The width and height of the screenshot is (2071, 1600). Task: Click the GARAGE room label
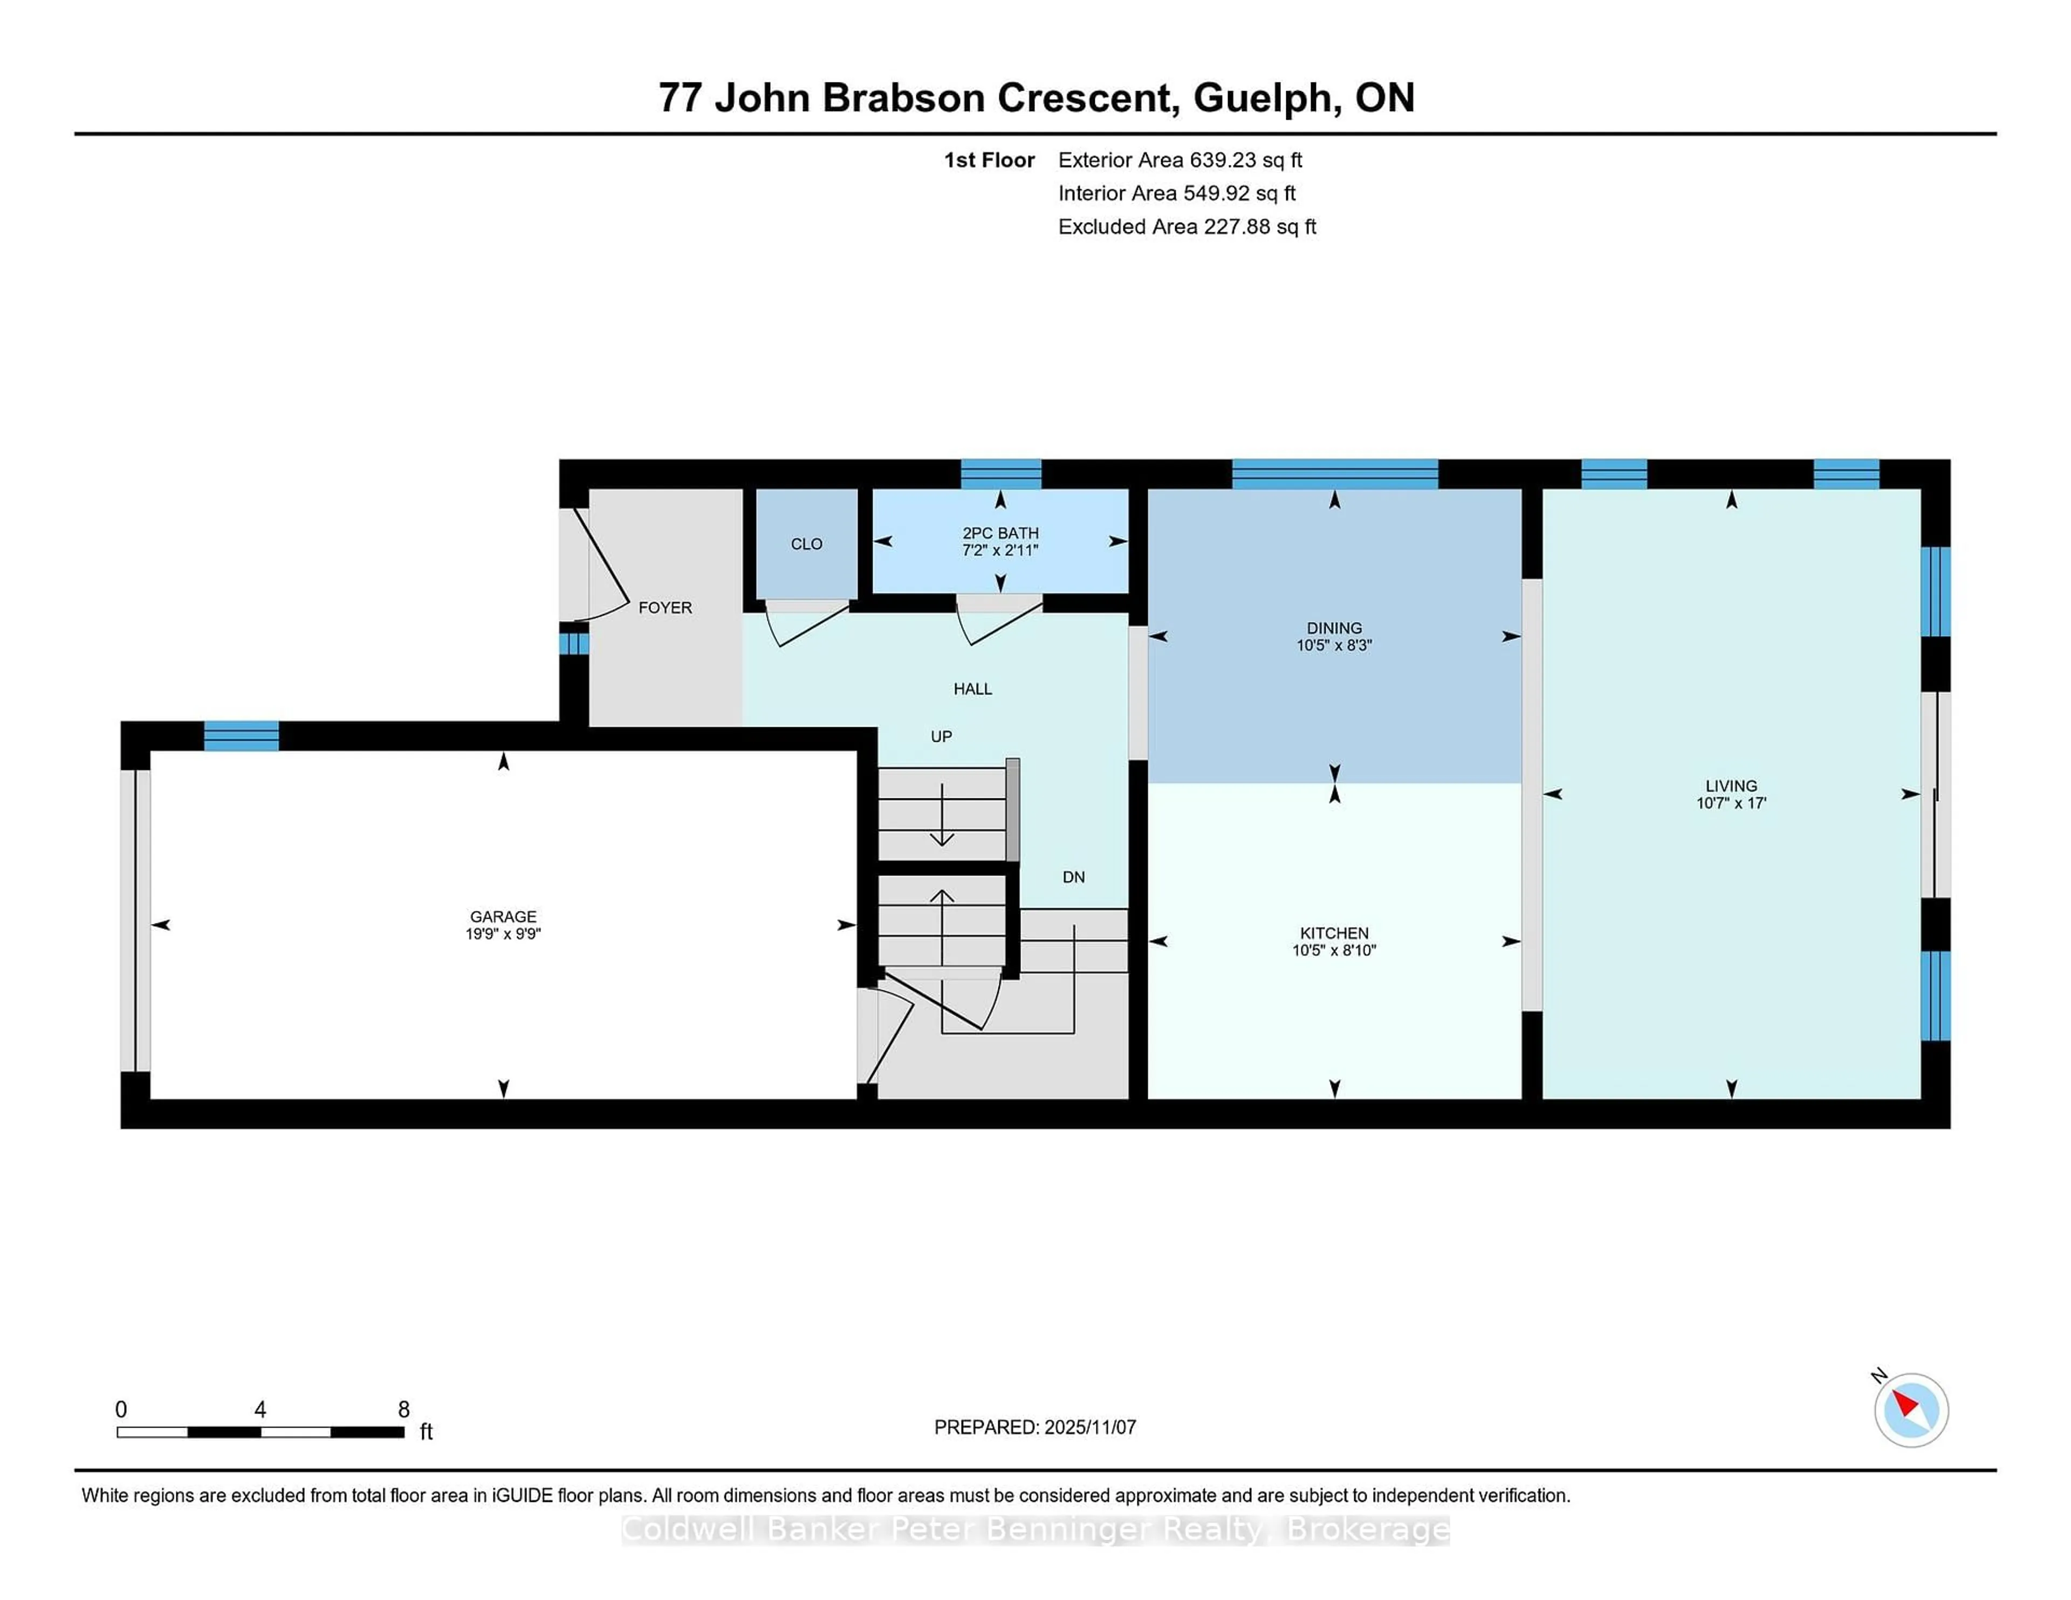tap(503, 916)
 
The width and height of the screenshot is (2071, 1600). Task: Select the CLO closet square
tap(806, 543)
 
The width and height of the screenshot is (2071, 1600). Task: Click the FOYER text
tap(665, 608)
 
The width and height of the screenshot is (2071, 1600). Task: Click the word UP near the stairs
tap(941, 736)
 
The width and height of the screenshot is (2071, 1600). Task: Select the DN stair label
tap(1073, 877)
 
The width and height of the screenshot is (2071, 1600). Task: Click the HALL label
tap(972, 689)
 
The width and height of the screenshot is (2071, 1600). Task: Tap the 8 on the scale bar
tap(403, 1410)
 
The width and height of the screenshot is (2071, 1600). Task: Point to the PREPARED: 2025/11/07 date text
tap(1034, 1426)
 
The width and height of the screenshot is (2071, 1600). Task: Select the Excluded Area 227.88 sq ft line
tap(1187, 226)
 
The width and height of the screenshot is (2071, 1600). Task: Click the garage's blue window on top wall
tap(241, 735)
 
